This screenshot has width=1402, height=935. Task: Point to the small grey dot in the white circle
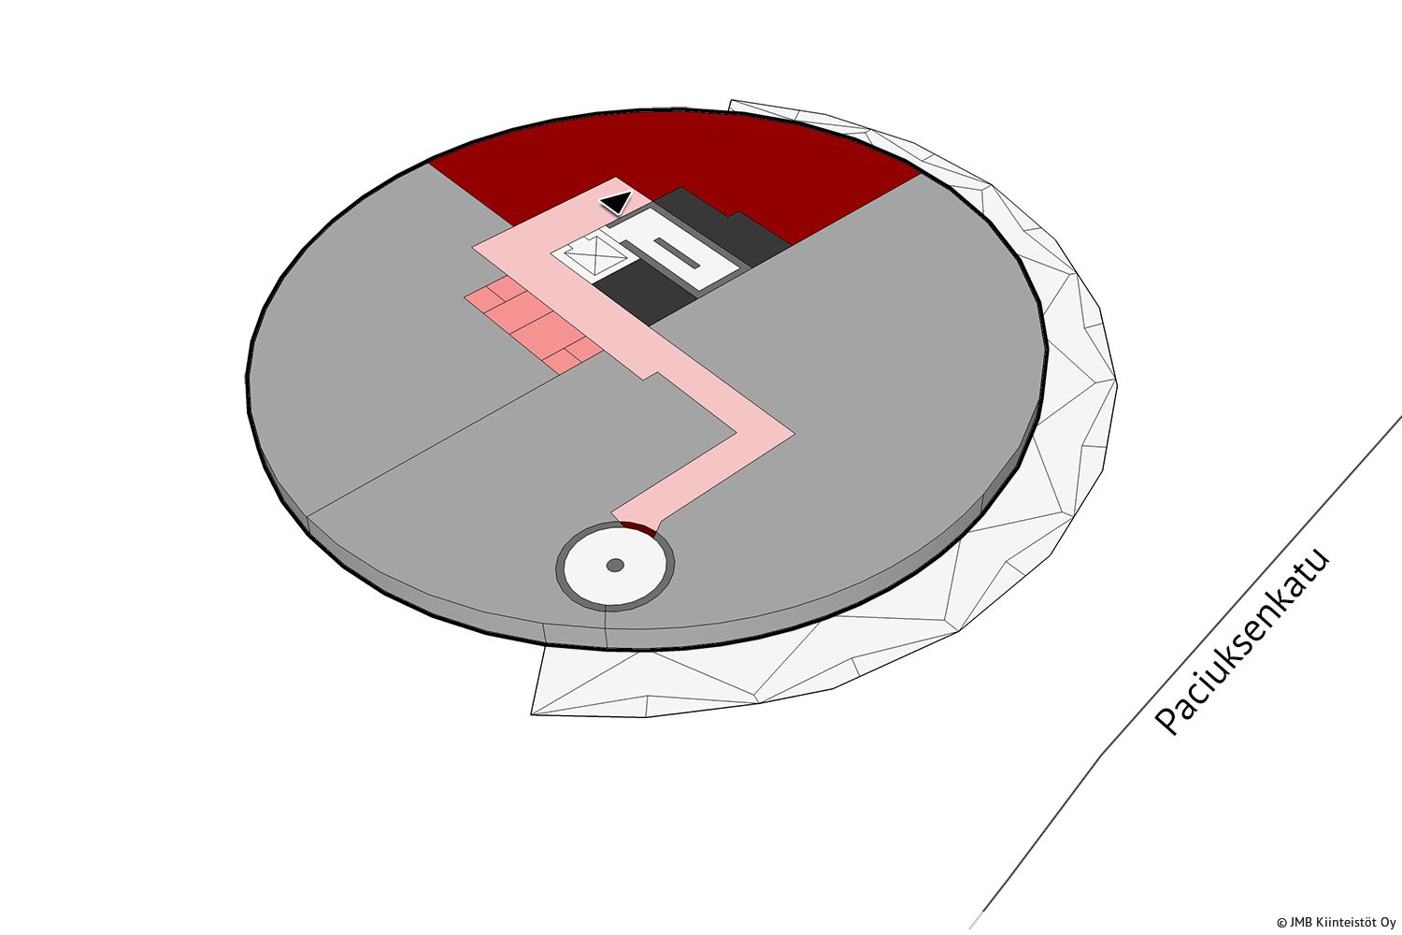(x=615, y=566)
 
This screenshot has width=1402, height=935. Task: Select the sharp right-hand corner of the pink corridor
(x=794, y=433)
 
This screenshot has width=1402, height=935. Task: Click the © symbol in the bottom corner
(x=1281, y=923)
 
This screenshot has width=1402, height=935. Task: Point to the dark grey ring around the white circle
(x=615, y=525)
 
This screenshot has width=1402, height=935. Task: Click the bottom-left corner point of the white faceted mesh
(x=532, y=714)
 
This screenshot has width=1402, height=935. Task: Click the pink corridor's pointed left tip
(x=473, y=248)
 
